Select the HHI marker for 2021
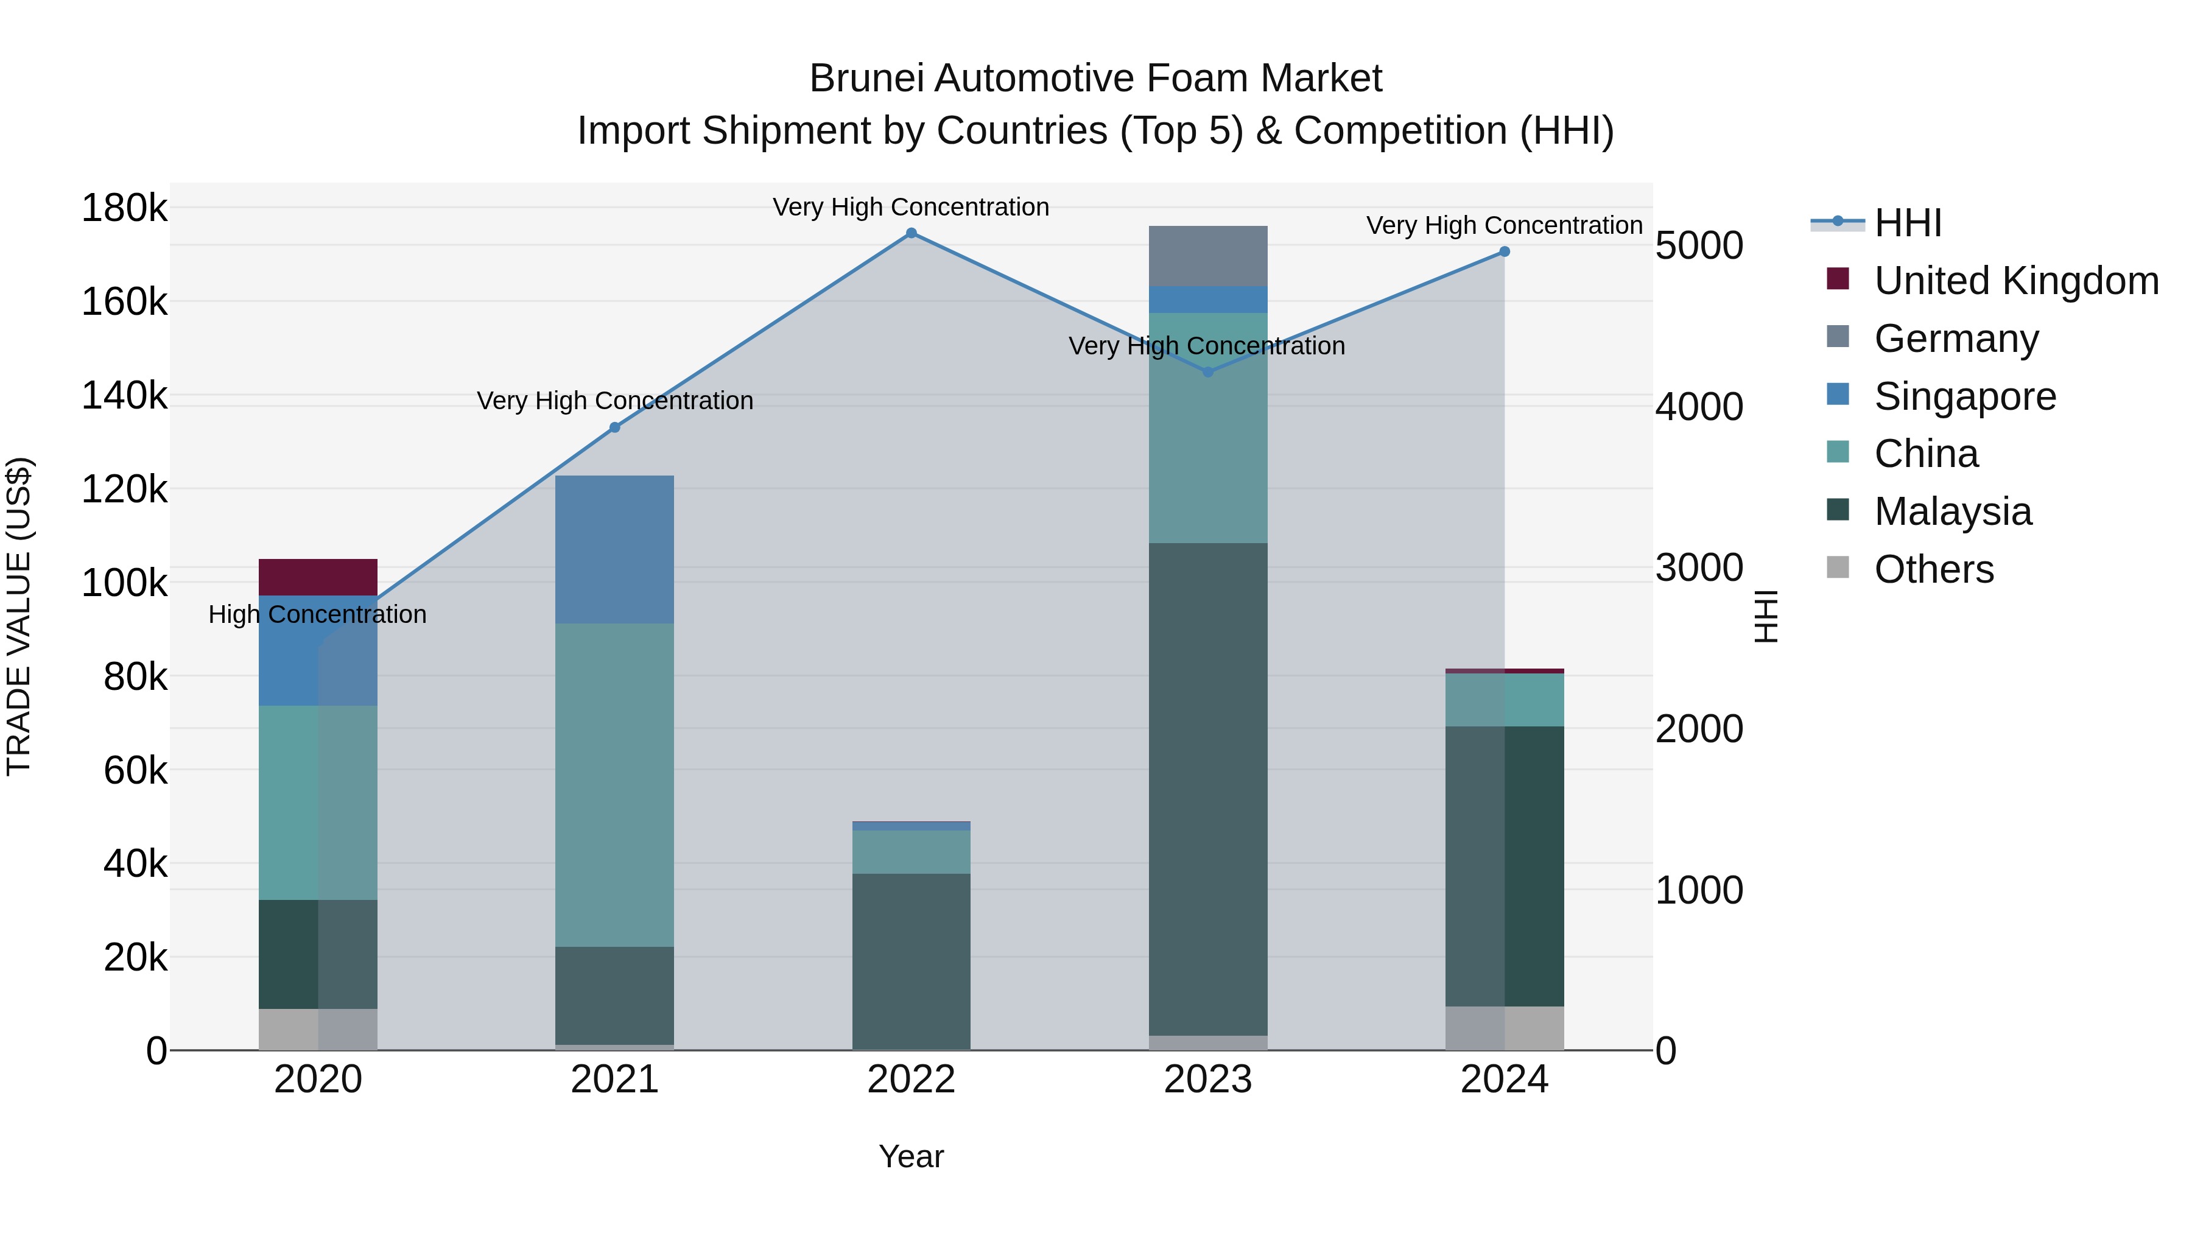pyautogui.click(x=614, y=427)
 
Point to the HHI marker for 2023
pyautogui.click(x=1207, y=372)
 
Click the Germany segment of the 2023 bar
pyautogui.click(x=1207, y=255)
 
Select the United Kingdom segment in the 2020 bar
pyautogui.click(x=317, y=577)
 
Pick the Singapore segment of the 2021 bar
pyautogui.click(x=614, y=549)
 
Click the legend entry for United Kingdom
pyautogui.click(x=2015, y=281)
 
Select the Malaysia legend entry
pyautogui.click(x=1952, y=511)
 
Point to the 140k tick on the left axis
pyautogui.click(x=124, y=396)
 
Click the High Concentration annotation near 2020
pyautogui.click(x=317, y=614)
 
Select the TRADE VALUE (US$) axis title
pyautogui.click(x=19, y=616)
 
